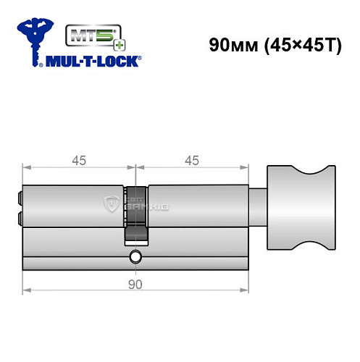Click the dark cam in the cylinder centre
pyautogui.click(x=135, y=215)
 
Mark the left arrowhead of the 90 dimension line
pyautogui.click(x=27, y=292)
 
